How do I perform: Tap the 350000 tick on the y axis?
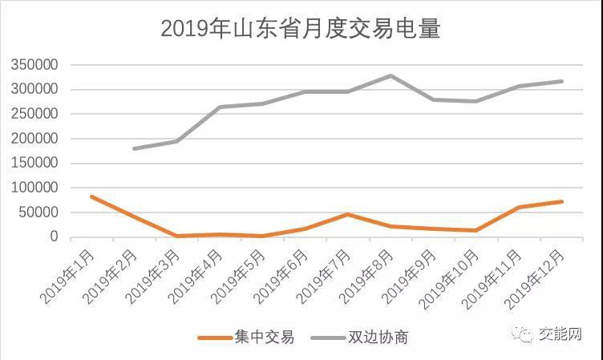pos(34,65)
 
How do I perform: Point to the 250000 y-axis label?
pos(34,114)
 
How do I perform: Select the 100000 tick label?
pos(34,188)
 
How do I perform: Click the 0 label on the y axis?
pos(55,237)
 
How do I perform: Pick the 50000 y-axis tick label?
pos(38,212)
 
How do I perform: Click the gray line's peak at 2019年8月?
pos(391,75)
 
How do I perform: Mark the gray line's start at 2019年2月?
pos(134,148)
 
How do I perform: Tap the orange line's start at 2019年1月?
pos(91,196)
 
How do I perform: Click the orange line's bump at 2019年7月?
pos(347,214)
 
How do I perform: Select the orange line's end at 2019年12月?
pos(561,201)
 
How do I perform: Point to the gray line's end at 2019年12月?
pos(561,81)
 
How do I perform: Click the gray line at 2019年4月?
pos(220,107)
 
